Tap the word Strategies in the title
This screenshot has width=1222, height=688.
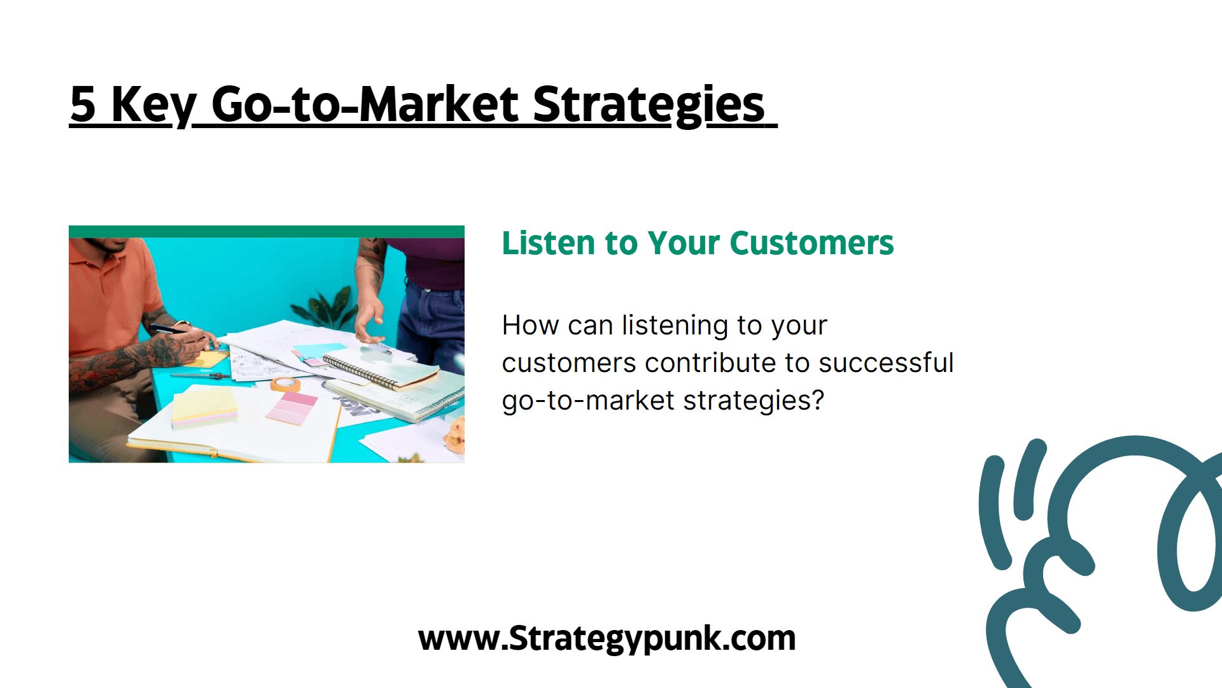(649, 104)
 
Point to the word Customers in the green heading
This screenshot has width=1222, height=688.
(811, 243)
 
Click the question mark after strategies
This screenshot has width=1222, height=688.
(817, 400)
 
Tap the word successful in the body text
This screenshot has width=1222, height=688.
(886, 362)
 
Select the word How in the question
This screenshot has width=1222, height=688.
(531, 325)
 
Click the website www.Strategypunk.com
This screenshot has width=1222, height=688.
(607, 638)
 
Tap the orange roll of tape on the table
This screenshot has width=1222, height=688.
(286, 384)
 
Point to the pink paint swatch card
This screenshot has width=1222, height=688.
(291, 408)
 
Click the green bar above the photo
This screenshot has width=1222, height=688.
(267, 231)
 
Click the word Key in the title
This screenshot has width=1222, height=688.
(153, 105)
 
